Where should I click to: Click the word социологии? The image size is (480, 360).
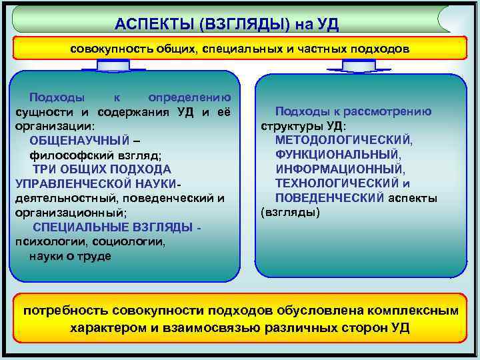[x=128, y=242]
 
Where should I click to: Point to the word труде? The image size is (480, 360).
[x=96, y=257]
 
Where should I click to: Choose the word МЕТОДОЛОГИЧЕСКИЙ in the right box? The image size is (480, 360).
[x=344, y=140]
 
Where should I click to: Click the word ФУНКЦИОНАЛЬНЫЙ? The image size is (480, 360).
[x=338, y=155]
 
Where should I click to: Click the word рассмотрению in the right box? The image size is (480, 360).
[x=394, y=111]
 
